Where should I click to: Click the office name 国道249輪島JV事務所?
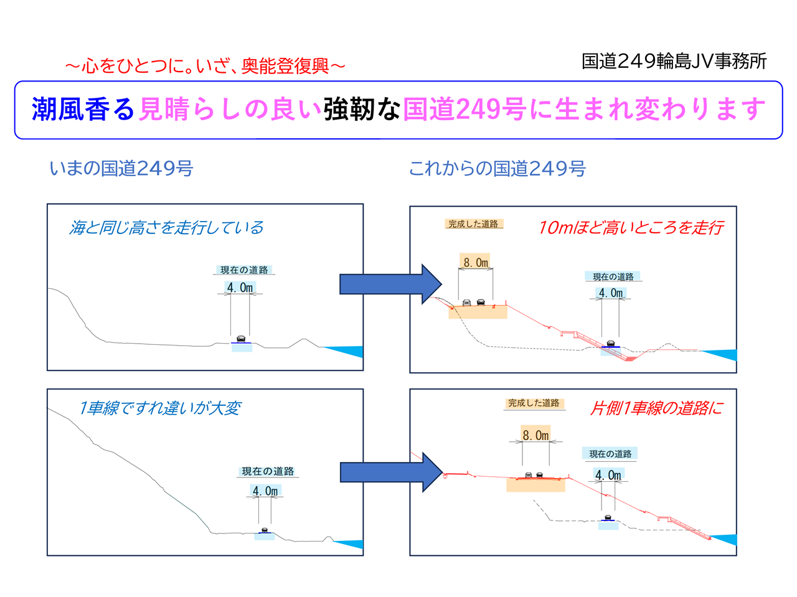pyautogui.click(x=674, y=61)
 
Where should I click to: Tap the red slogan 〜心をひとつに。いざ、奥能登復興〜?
pyautogui.click(x=205, y=65)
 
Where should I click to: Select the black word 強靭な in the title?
pyautogui.click(x=362, y=110)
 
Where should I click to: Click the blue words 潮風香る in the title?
pyautogui.click(x=83, y=110)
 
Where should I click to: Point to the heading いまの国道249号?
pyautogui.click(x=121, y=168)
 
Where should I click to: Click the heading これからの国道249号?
pyautogui.click(x=497, y=168)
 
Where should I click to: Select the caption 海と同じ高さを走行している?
pyautogui.click(x=166, y=228)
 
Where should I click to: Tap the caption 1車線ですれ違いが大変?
pyautogui.click(x=159, y=408)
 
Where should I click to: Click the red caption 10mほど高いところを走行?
pyautogui.click(x=630, y=228)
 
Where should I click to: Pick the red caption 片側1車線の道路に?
pyautogui.click(x=656, y=408)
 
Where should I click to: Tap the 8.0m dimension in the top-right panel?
pyautogui.click(x=476, y=262)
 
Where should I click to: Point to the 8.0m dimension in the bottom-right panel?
pyautogui.click(x=535, y=435)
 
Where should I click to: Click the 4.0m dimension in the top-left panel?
pyautogui.click(x=240, y=288)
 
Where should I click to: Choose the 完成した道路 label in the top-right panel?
pyautogui.click(x=473, y=224)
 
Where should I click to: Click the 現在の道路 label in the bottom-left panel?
pyautogui.click(x=268, y=471)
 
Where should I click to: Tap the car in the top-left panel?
pyautogui.click(x=241, y=339)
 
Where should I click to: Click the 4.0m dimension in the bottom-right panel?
pyautogui.click(x=608, y=475)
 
